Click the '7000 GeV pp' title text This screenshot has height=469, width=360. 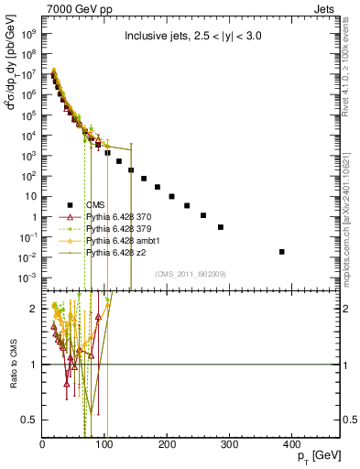tap(72, 7)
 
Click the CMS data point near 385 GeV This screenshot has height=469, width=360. tap(282, 251)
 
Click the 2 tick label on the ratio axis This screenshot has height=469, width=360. tap(33, 309)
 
